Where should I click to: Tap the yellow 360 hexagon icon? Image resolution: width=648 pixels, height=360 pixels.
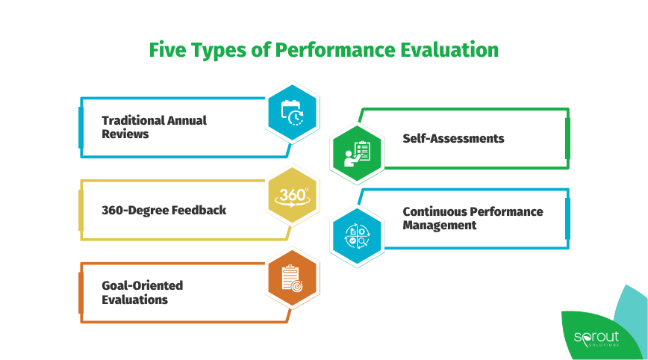coord(293,196)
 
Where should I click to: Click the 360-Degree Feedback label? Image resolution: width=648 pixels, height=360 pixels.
coord(163,210)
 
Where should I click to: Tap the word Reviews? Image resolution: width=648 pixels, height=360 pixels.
coord(125,134)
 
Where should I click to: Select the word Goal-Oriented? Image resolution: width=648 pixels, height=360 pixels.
coord(142,285)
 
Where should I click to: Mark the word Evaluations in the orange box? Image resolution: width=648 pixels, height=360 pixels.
coord(134,300)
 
